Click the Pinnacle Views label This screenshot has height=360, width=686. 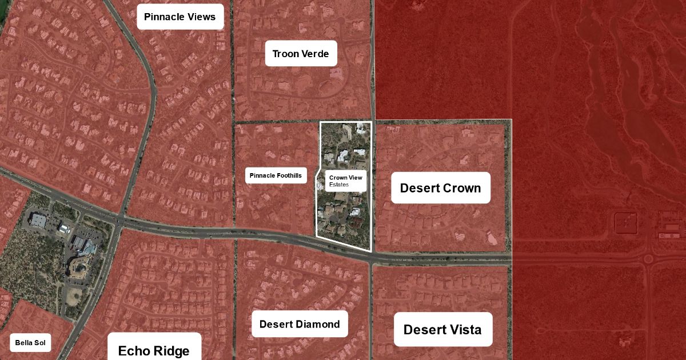(180, 17)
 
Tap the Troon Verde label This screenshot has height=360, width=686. (301, 54)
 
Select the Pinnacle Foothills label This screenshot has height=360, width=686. (277, 175)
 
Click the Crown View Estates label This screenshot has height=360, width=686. (345, 181)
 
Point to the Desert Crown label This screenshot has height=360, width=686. (440, 188)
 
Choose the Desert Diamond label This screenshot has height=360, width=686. (300, 325)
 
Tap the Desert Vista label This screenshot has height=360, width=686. (442, 329)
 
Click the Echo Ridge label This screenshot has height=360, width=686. (154, 350)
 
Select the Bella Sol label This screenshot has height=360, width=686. (30, 343)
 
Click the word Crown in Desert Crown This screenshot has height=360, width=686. (461, 188)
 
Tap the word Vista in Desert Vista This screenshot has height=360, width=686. (464, 329)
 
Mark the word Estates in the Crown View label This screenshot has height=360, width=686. (338, 185)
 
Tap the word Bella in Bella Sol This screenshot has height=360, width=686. (23, 343)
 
